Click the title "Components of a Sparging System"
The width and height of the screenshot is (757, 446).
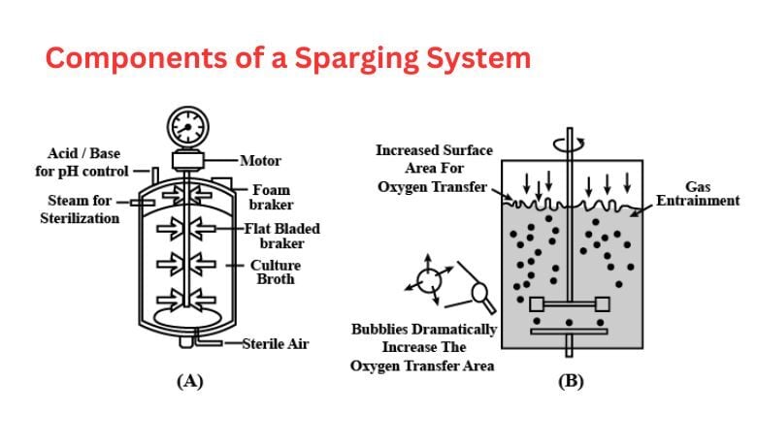[x=288, y=58]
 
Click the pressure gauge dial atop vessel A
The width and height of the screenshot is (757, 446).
[x=187, y=126]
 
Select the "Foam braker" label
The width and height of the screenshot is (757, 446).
[x=270, y=198]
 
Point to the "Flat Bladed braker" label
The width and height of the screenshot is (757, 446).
[x=282, y=236]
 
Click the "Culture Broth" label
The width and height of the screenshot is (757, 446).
[x=276, y=271]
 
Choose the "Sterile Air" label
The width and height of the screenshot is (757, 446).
[x=276, y=344]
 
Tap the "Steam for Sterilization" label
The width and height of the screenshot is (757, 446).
[x=80, y=209]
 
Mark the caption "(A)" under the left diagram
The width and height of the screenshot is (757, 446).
[x=189, y=381]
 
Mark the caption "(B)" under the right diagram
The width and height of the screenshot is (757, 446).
[x=570, y=381]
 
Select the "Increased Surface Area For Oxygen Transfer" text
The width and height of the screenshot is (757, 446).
[x=435, y=168]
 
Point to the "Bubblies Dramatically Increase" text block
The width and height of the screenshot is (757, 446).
[x=423, y=347]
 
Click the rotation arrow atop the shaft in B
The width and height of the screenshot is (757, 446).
[x=570, y=142]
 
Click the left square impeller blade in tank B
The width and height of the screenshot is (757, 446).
[x=536, y=303]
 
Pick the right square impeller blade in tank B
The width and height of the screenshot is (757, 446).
[x=603, y=303]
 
